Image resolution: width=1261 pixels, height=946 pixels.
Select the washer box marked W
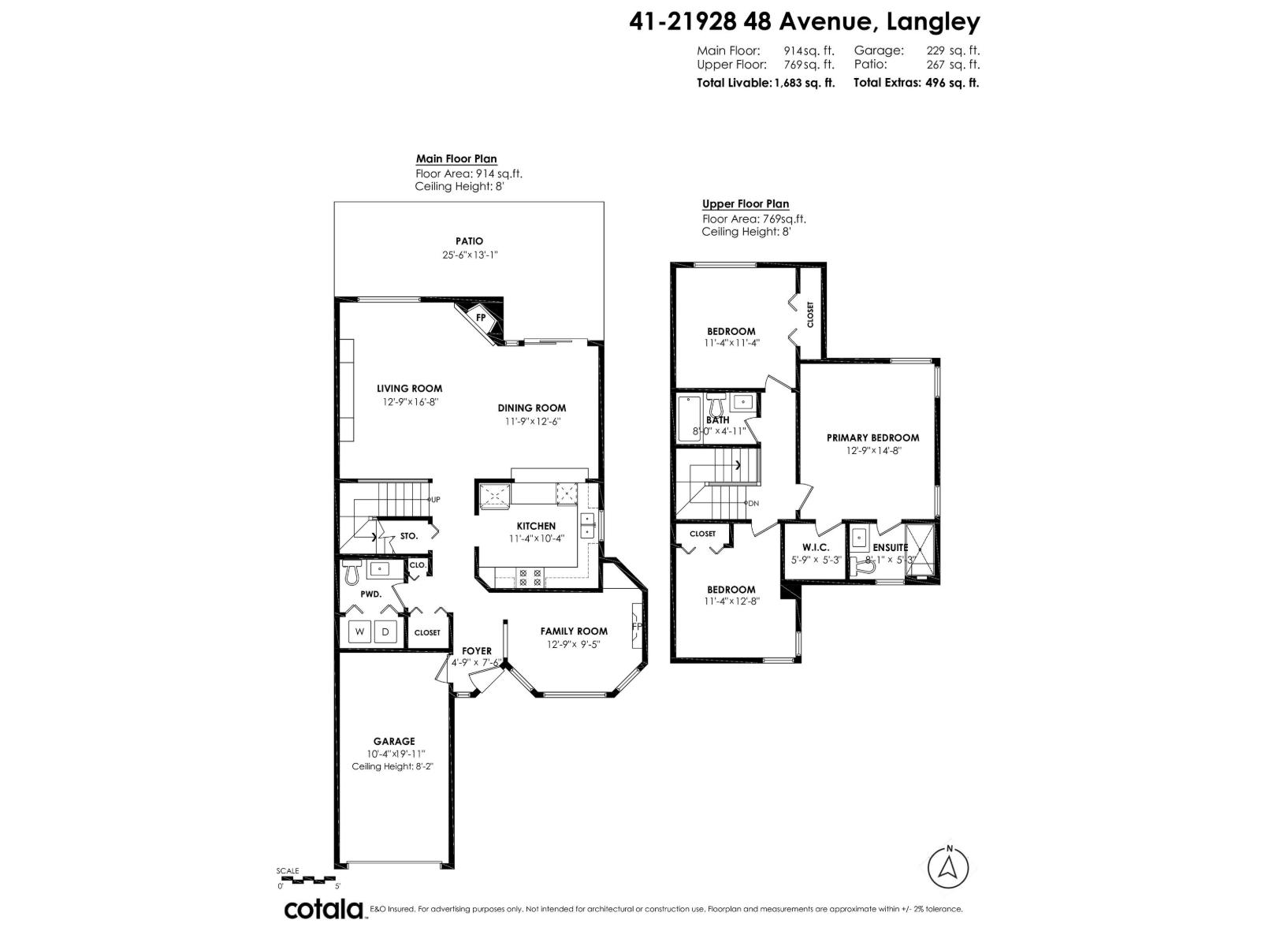pos(360,631)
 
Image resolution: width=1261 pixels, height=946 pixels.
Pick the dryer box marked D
pos(385,631)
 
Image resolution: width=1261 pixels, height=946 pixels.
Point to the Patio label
pos(469,241)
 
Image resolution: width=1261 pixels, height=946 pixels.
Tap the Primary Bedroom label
pos(872,438)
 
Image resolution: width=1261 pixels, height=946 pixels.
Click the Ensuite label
pos(890,547)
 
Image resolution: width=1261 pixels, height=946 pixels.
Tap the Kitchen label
pos(536,526)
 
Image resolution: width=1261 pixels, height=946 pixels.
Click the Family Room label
pos(574,631)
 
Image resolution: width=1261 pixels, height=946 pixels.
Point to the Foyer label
pos(477,650)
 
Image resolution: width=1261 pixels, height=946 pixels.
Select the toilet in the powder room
pos(352,573)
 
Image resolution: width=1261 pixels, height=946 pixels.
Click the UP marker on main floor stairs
pos(435,500)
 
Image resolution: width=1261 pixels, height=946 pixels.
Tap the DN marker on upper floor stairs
pos(753,503)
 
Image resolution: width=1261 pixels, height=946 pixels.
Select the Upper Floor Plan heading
pos(745,204)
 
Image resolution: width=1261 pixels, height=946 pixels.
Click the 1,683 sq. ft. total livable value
pos(805,82)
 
